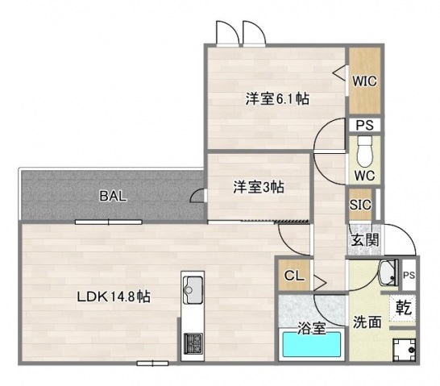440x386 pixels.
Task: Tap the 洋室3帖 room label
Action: point(259,187)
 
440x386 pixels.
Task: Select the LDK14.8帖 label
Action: point(114,297)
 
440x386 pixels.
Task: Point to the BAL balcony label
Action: point(113,196)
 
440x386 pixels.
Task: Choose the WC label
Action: point(363,175)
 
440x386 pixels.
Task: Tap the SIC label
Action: point(360,205)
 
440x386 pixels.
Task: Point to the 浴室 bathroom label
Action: point(312,328)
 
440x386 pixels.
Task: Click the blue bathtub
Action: point(313,347)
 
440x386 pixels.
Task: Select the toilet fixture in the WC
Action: point(364,150)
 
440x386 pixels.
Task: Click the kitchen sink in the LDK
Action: point(194,287)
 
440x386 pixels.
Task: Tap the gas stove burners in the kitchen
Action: point(194,342)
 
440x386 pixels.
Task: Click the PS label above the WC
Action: point(364,126)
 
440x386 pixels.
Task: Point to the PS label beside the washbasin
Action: point(409,275)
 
